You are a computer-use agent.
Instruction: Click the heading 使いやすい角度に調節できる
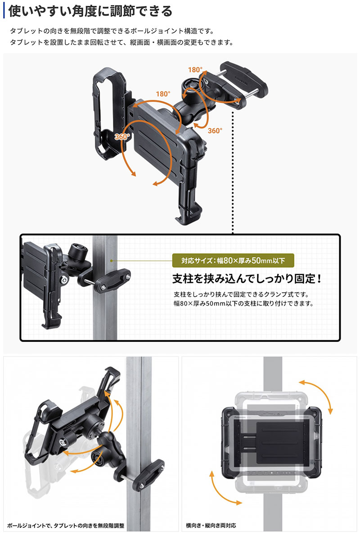pyautogui.click(x=90, y=11)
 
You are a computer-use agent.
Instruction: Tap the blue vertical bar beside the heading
pyautogui.click(x=4, y=11)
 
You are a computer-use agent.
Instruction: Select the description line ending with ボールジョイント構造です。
pyautogui.click(x=112, y=31)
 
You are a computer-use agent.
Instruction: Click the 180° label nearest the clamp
pyautogui.click(x=195, y=70)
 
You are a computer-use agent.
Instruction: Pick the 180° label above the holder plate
pyautogui.click(x=163, y=94)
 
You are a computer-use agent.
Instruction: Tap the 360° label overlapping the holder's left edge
pyautogui.click(x=122, y=137)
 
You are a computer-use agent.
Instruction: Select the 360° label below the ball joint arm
pyautogui.click(x=215, y=130)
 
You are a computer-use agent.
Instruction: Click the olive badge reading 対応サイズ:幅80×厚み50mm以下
pyautogui.click(x=233, y=261)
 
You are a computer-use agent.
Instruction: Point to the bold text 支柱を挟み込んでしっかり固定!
pyautogui.click(x=247, y=279)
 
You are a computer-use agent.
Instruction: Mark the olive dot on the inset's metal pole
pyautogui.click(x=111, y=261)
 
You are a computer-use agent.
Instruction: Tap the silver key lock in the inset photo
pyautogui.click(x=64, y=280)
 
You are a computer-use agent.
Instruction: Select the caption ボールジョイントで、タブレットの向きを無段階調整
pyautogui.click(x=66, y=526)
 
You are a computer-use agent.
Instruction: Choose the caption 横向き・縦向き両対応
pyautogui.click(x=211, y=526)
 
